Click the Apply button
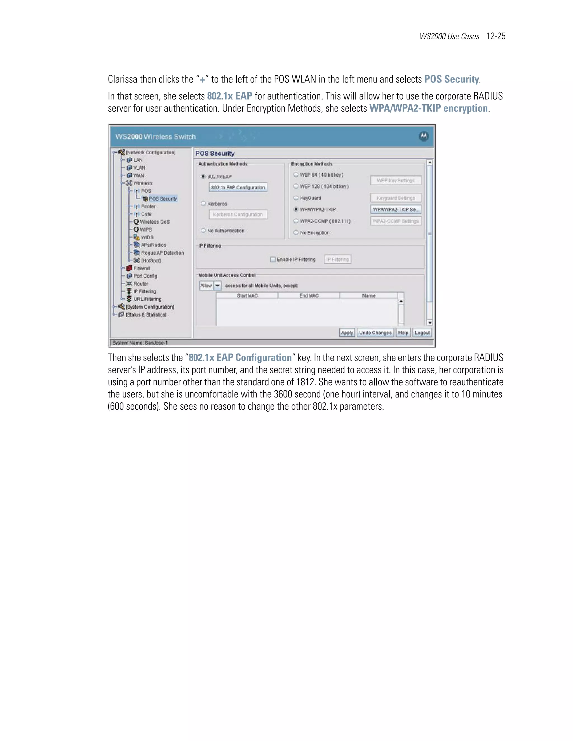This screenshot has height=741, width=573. click(347, 333)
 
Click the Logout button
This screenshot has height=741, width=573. click(422, 333)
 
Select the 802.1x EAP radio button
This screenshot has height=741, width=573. click(203, 176)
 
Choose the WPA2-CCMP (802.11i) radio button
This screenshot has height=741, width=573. click(296, 221)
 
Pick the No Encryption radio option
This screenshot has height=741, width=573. click(296, 233)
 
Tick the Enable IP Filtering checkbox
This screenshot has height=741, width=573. click(273, 259)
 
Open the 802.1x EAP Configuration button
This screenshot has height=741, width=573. click(238, 188)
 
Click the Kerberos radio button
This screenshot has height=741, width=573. click(203, 204)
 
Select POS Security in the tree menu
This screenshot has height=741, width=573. click(163, 199)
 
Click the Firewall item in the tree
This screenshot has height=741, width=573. click(142, 268)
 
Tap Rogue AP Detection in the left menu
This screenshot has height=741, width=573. click(162, 253)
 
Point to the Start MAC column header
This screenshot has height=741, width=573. click(247, 296)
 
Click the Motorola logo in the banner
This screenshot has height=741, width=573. click(424, 136)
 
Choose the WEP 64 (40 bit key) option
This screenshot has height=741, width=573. click(296, 175)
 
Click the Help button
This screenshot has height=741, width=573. click(403, 333)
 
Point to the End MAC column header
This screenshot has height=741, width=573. click(309, 296)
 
